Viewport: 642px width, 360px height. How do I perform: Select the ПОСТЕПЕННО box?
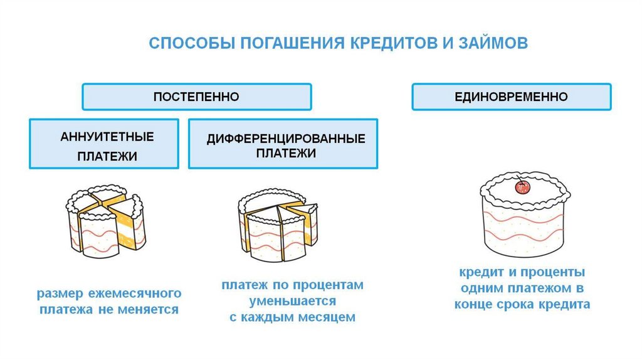[197, 97]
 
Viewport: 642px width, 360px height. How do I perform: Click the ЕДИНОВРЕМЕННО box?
[511, 97]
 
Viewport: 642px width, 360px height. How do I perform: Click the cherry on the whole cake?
[522, 186]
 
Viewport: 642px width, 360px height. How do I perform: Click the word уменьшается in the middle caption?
[292, 301]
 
